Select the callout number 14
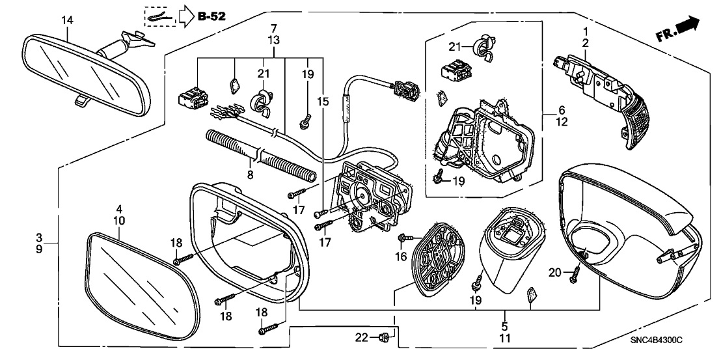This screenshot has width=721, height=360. click(x=68, y=20)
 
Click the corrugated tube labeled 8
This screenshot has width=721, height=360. click(x=260, y=156)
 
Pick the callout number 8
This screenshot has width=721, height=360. click(x=250, y=174)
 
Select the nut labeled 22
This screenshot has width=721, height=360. click(x=385, y=337)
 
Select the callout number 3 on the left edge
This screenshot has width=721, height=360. click(x=39, y=237)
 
